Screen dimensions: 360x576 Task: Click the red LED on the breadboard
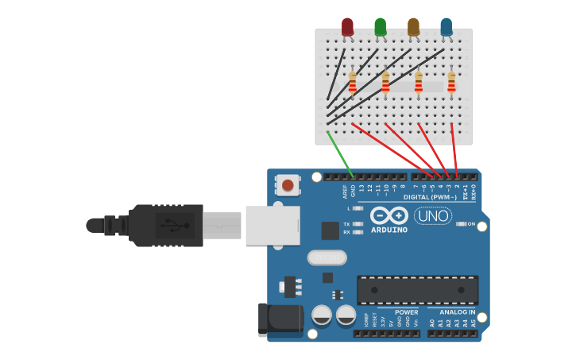pyautogui.click(x=347, y=27)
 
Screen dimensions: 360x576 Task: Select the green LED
pyautogui.click(x=381, y=27)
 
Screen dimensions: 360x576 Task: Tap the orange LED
pyautogui.click(x=413, y=27)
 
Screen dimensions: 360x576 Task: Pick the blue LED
pyautogui.click(x=446, y=27)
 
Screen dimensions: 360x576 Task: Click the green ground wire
pyautogui.click(x=339, y=151)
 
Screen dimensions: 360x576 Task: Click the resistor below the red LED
pyautogui.click(x=353, y=82)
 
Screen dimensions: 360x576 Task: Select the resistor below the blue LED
pyautogui.click(x=451, y=82)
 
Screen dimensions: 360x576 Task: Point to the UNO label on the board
pyautogui.click(x=433, y=215)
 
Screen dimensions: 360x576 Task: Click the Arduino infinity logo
pyautogui.click(x=389, y=215)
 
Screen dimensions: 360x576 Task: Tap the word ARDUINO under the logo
pyautogui.click(x=389, y=230)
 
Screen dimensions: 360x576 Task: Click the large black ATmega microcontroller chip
pyautogui.click(x=417, y=290)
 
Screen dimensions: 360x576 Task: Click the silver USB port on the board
pyautogui.click(x=273, y=225)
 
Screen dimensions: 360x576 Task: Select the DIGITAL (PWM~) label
pyautogui.click(x=430, y=196)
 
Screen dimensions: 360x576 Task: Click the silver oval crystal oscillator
pyautogui.click(x=327, y=257)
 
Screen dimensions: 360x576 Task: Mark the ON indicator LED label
pyautogui.click(x=472, y=224)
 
